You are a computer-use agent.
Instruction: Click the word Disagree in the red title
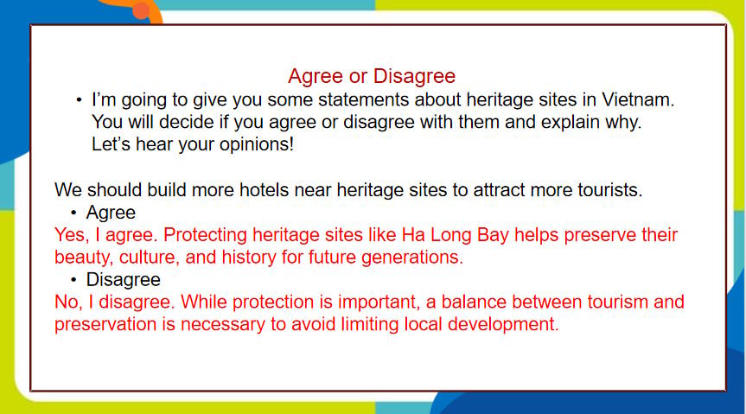414,77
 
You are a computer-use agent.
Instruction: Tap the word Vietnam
638,99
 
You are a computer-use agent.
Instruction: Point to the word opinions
257,144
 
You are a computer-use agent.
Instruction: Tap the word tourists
610,190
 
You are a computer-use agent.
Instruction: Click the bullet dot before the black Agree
73,213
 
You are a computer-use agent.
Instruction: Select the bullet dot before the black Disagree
73,280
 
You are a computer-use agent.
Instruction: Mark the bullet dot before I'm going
79,100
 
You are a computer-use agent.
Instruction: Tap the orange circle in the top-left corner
141,10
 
